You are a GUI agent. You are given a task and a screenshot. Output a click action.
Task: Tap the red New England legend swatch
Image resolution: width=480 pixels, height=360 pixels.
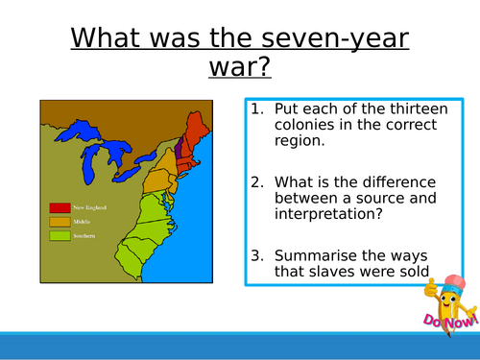pyautogui.click(x=60, y=206)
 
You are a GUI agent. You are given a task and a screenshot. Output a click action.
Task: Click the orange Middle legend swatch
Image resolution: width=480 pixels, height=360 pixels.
pyautogui.click(x=60, y=220)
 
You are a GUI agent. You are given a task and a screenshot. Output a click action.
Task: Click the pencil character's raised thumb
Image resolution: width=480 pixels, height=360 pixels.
pyautogui.click(x=429, y=289)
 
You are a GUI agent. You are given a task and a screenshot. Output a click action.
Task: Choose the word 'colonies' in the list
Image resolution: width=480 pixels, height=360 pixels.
pyautogui.click(x=305, y=124)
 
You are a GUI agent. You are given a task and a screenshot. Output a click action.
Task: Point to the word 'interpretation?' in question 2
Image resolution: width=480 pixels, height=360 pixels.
pyautogui.click(x=324, y=215)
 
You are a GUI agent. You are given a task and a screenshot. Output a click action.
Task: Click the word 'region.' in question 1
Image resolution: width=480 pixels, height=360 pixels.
pyautogui.click(x=301, y=140)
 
